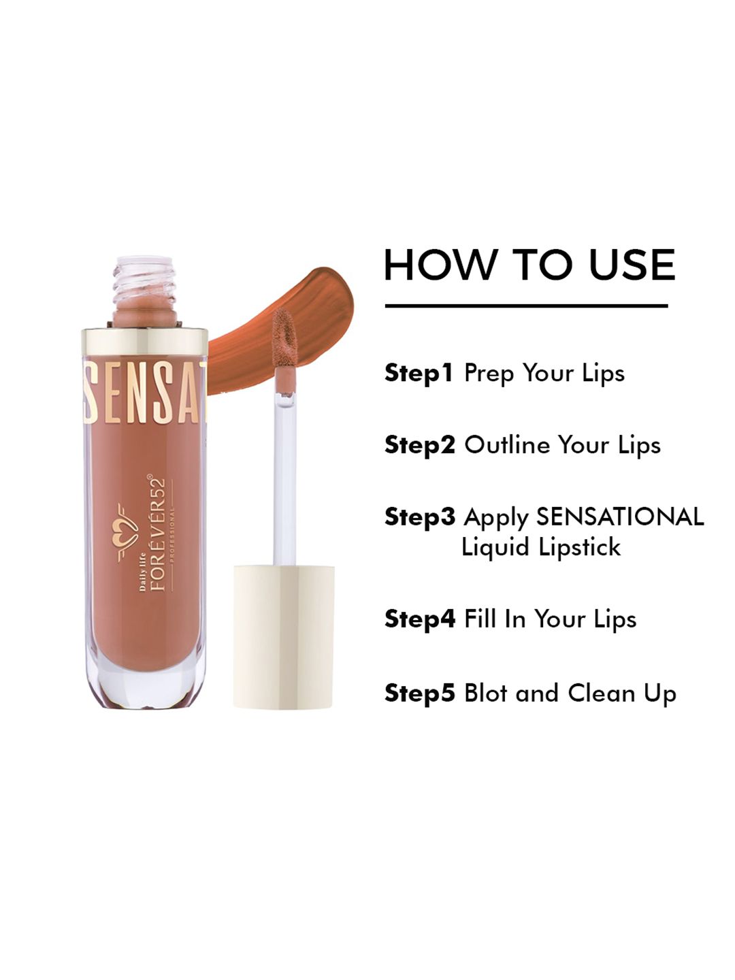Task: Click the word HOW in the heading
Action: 440,265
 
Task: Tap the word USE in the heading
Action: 632,265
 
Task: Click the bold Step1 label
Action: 419,373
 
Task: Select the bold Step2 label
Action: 420,445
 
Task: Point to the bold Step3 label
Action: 420,517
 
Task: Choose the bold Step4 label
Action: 420,619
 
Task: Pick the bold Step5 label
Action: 420,693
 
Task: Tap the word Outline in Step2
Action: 507,444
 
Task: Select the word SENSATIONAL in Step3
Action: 620,517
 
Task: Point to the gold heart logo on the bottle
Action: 127,533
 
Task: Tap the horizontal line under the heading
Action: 527,306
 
